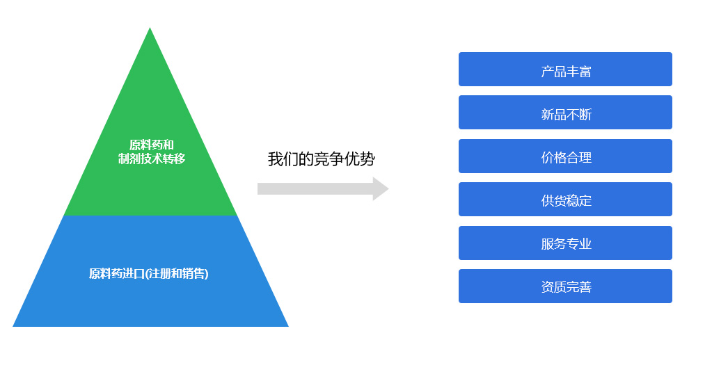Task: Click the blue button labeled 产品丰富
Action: [x=565, y=69]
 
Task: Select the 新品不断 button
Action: [x=565, y=112]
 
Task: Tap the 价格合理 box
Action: [x=565, y=156]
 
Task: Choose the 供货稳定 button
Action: [x=565, y=199]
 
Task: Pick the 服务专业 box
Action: [x=565, y=243]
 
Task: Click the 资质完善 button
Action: [x=565, y=286]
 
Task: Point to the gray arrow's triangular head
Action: [x=380, y=189]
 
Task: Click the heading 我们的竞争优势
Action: [x=322, y=159]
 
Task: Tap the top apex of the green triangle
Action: [x=150, y=28]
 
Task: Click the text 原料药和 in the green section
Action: [x=151, y=145]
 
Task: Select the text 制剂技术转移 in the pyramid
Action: [x=151, y=159]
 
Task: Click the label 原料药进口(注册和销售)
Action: [x=148, y=274]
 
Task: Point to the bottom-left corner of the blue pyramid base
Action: [x=13, y=326]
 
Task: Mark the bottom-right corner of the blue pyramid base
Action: [x=288, y=326]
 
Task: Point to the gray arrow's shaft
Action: [x=315, y=189]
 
